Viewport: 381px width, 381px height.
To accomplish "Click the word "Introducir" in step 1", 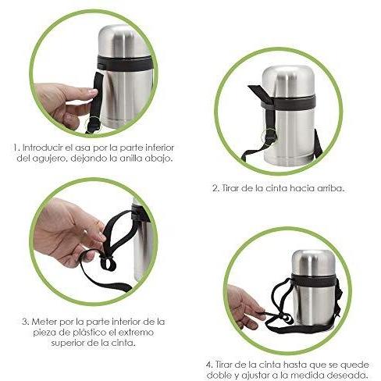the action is pos(43,148).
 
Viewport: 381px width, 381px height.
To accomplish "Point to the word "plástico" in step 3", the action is pos(91,333).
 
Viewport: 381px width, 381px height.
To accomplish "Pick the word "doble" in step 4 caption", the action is pos(218,376).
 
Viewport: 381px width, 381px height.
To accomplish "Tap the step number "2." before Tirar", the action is pos(216,188).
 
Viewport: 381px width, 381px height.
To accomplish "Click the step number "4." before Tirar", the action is pos(210,365).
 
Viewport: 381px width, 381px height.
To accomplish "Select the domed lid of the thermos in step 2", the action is pos(288,81).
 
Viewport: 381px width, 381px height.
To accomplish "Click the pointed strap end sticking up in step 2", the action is pos(257,91).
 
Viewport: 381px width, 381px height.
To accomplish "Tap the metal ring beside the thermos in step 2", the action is pos(269,135).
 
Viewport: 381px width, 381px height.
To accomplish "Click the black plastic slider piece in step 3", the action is pos(108,262).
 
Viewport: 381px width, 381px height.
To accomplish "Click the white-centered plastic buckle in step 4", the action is pos(286,319).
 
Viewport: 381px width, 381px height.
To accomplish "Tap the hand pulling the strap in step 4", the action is pos(244,307).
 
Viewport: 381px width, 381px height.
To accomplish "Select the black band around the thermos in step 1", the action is pos(124,63).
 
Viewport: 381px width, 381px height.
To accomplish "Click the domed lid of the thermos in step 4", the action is pos(314,262).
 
